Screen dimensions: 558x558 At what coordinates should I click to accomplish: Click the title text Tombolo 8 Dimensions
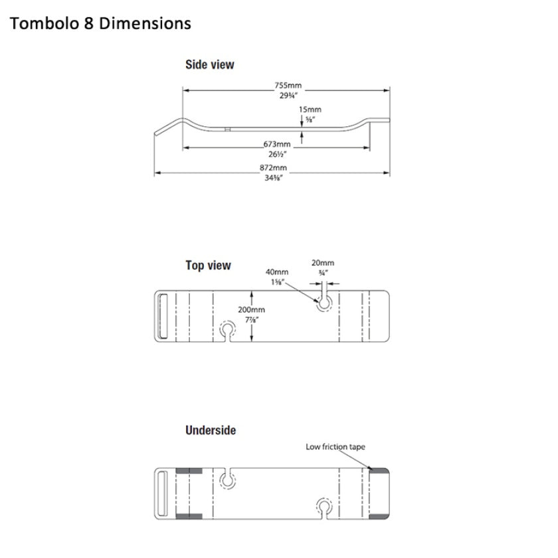[x=100, y=24]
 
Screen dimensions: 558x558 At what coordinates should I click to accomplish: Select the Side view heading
[x=209, y=65]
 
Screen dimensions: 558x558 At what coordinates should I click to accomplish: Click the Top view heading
[x=208, y=266]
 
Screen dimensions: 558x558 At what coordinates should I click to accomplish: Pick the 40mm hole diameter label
[x=276, y=272]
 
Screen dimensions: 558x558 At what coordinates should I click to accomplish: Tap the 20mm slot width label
[x=323, y=263]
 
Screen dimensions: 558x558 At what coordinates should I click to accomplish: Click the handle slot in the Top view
[x=161, y=316]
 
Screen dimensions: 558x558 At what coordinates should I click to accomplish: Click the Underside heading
[x=211, y=430]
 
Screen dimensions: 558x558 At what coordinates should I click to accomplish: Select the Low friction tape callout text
[x=335, y=447]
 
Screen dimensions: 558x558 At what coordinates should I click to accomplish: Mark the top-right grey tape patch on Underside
[x=378, y=470]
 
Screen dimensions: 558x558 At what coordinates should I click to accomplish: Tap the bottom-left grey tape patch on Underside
[x=189, y=515]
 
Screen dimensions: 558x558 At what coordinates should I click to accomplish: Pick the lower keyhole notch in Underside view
[x=324, y=507]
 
